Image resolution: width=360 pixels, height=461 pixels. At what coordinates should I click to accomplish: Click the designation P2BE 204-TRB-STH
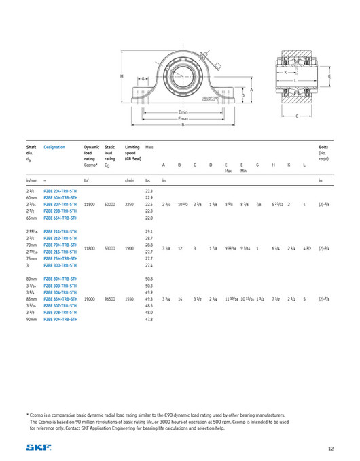pyautogui.click(x=60, y=191)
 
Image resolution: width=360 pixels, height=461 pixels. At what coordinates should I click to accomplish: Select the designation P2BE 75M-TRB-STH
pyautogui.click(x=60, y=258)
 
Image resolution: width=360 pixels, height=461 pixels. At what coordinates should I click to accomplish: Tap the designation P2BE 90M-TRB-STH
pyautogui.click(x=60, y=319)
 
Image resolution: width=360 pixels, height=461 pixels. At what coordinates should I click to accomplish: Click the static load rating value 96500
pyautogui.click(x=110, y=298)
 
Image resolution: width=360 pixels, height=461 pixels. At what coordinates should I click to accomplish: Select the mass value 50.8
pyautogui.click(x=149, y=279)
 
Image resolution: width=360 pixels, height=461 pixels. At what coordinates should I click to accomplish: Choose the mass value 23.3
pyautogui.click(x=149, y=191)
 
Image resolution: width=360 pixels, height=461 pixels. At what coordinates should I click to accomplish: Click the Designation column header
pyautogui.click(x=55, y=146)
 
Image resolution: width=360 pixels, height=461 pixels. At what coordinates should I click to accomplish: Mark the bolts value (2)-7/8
pyautogui.click(x=324, y=298)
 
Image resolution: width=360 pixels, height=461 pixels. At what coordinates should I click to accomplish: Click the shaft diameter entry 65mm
pyautogui.click(x=32, y=218)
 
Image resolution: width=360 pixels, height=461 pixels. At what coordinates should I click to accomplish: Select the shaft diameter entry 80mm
pyautogui.click(x=32, y=279)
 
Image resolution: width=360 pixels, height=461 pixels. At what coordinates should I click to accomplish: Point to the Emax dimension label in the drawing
pyautogui.click(x=183, y=118)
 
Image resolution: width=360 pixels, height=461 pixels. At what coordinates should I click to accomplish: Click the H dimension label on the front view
pyautogui.click(x=122, y=76)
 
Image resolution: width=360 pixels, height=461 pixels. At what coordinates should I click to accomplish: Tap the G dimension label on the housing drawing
pyautogui.click(x=144, y=79)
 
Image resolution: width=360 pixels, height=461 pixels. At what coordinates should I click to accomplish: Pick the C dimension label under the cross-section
pyautogui.click(x=297, y=116)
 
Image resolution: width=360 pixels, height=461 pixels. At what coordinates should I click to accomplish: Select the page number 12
pyautogui.click(x=330, y=447)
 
